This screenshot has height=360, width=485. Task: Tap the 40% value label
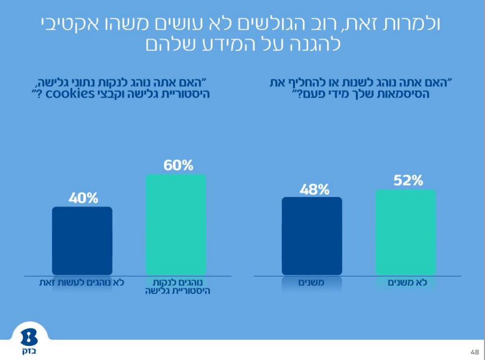click(83, 198)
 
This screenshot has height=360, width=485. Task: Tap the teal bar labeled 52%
click(406, 232)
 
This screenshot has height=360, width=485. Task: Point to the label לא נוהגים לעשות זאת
click(82, 282)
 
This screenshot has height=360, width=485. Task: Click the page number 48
click(474, 352)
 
